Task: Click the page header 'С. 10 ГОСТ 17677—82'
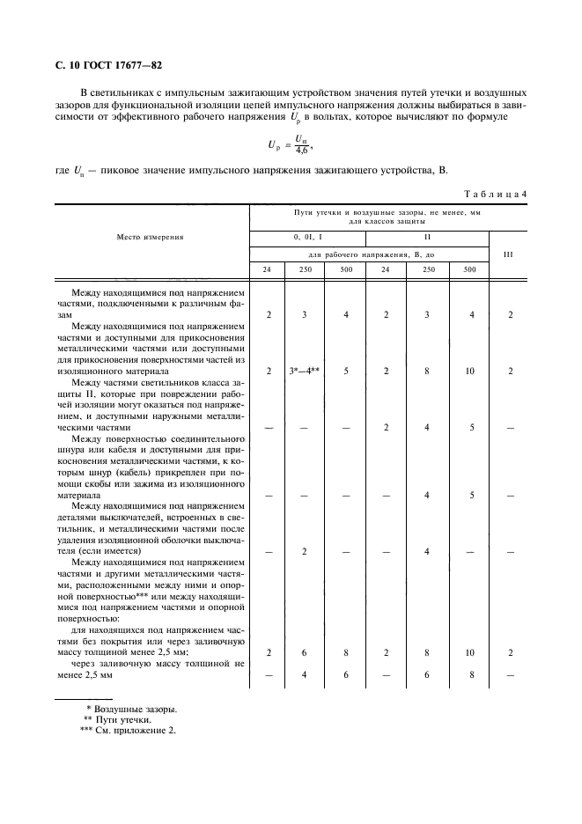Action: point(102,65)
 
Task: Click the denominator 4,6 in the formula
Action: point(302,151)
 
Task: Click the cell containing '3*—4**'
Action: point(304,371)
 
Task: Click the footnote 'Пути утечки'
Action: point(131,718)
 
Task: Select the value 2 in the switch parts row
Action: point(304,551)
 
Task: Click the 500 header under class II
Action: point(468,269)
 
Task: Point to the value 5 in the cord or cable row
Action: point(468,495)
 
